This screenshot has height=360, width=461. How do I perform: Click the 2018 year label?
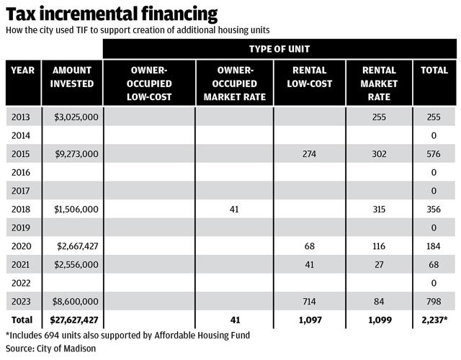22,209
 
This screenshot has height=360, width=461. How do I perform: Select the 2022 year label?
22,284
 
